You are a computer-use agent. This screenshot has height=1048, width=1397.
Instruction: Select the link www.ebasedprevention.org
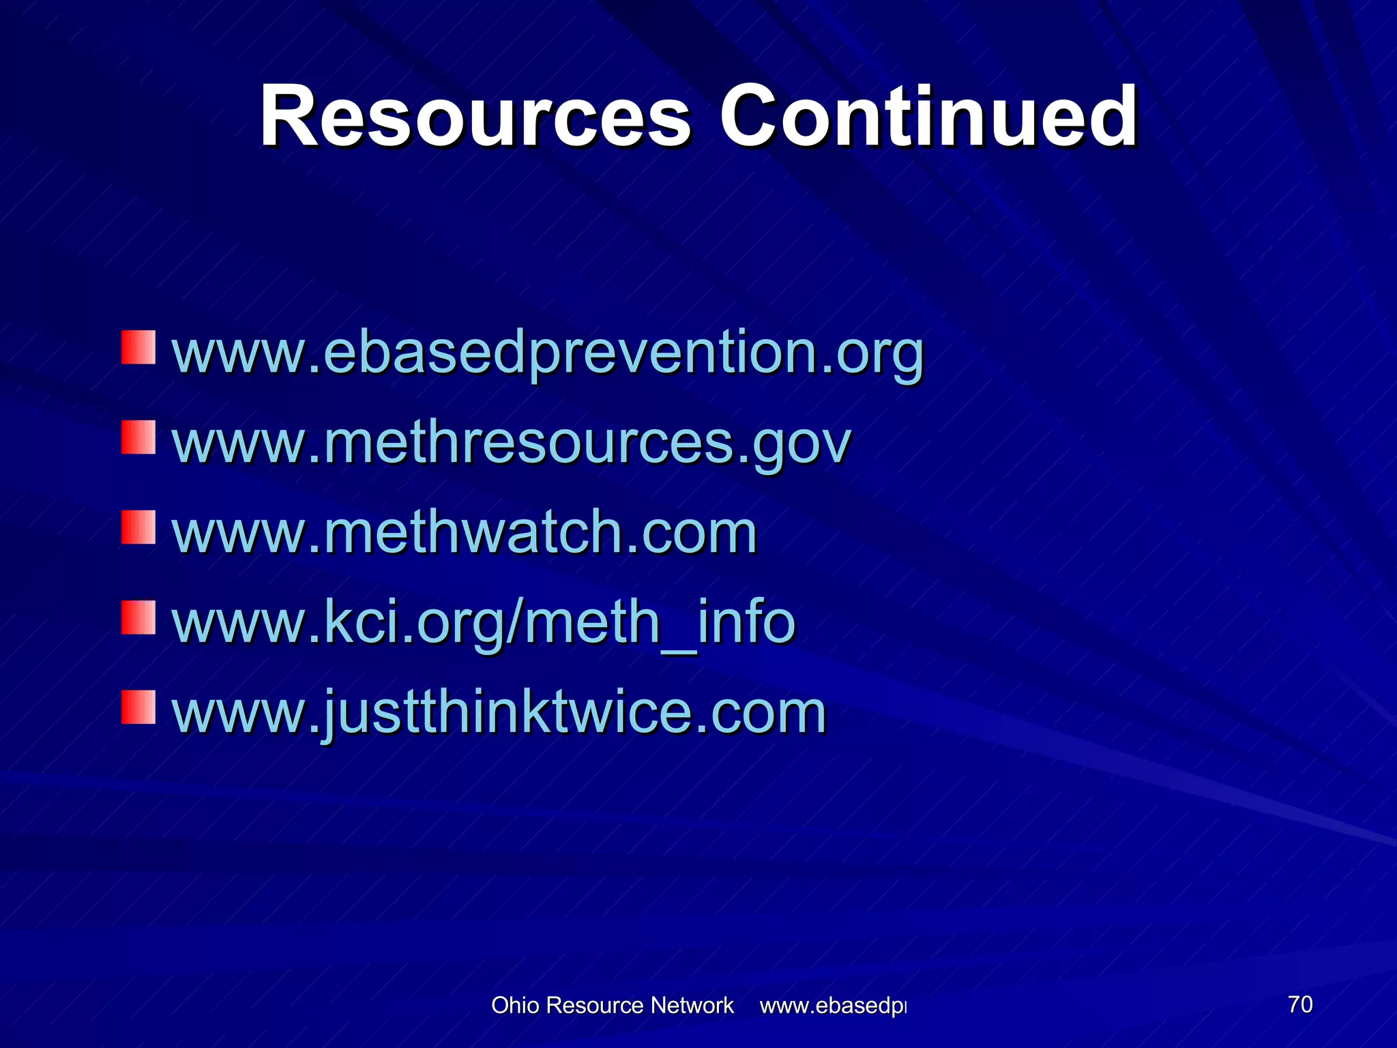pos(548,353)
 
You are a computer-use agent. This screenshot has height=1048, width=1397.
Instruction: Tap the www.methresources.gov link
pos(512,443)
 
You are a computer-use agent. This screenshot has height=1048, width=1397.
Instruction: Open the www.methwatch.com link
pos(465,532)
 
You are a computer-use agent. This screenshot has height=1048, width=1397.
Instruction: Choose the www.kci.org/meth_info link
pos(484,622)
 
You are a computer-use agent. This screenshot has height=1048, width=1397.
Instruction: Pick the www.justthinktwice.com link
pos(499,712)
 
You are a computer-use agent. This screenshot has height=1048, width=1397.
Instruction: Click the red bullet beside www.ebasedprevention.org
pos(138,348)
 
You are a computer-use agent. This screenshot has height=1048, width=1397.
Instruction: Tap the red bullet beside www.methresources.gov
pos(138,437)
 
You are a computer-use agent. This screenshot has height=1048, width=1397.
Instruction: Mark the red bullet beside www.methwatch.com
pos(138,527)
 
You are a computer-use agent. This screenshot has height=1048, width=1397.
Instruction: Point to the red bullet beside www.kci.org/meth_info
pos(138,617)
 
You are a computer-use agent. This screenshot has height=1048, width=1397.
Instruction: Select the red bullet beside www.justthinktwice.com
pos(138,707)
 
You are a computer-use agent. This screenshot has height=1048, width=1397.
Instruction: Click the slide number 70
pos(1300,1004)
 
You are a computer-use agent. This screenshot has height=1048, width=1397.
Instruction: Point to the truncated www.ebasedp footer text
pos(833,1005)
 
